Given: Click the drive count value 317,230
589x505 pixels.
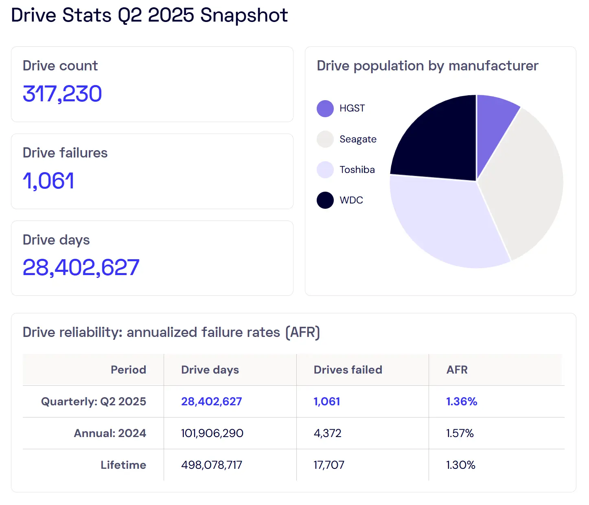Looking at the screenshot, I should point(62,94).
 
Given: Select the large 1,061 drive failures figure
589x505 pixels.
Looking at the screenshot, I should point(48,181).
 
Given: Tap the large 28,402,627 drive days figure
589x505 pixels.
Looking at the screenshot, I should point(81,267).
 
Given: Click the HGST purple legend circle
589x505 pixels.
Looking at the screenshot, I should point(325,108).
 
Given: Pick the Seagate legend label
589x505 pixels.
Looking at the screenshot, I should point(358,139).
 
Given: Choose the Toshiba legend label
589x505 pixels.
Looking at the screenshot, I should point(357,170).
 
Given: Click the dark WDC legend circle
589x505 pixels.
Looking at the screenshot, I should point(325,200).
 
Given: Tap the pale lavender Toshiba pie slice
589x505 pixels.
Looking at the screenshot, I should point(448,220).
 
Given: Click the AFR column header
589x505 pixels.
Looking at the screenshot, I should point(457,370).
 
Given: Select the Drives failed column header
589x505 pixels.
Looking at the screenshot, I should point(348,370).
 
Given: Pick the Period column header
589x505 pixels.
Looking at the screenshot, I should point(128,370).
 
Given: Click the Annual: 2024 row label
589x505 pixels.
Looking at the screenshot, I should point(110,433).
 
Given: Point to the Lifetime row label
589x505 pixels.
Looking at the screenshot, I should point(123,465).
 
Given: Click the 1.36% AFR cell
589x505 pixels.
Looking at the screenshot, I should point(462,402).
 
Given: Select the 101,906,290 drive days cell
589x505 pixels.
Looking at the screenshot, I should point(212,433).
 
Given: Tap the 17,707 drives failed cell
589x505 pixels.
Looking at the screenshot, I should point(329,465).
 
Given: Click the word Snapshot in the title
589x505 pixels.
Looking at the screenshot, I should point(244,15).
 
